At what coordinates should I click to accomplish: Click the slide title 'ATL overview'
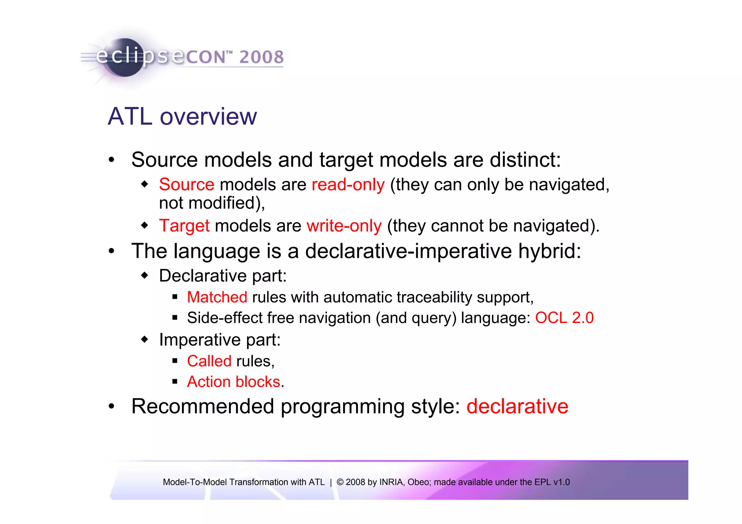coord(182,117)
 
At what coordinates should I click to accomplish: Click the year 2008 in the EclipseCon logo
coord(261,57)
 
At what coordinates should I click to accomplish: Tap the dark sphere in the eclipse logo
coord(125,58)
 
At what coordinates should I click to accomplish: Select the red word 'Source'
coord(187,185)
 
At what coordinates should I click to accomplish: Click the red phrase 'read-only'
coord(348,185)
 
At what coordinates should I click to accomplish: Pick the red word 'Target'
coord(184,226)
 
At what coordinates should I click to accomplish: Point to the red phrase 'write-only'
coord(344,226)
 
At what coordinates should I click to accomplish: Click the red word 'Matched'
coord(217,297)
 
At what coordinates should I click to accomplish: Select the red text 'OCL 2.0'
coord(564,318)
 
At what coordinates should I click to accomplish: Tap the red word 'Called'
coord(209,361)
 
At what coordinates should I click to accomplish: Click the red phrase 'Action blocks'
coord(233,382)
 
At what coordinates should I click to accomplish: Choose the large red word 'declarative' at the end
coord(517,406)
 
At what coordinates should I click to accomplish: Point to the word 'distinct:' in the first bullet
coord(525,160)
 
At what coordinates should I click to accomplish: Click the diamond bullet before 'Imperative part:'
coord(145,340)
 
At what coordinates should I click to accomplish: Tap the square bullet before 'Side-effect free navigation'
coord(175,318)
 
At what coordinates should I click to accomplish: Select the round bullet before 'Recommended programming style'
coord(112,407)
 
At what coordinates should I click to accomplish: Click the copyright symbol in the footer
coord(340,482)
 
